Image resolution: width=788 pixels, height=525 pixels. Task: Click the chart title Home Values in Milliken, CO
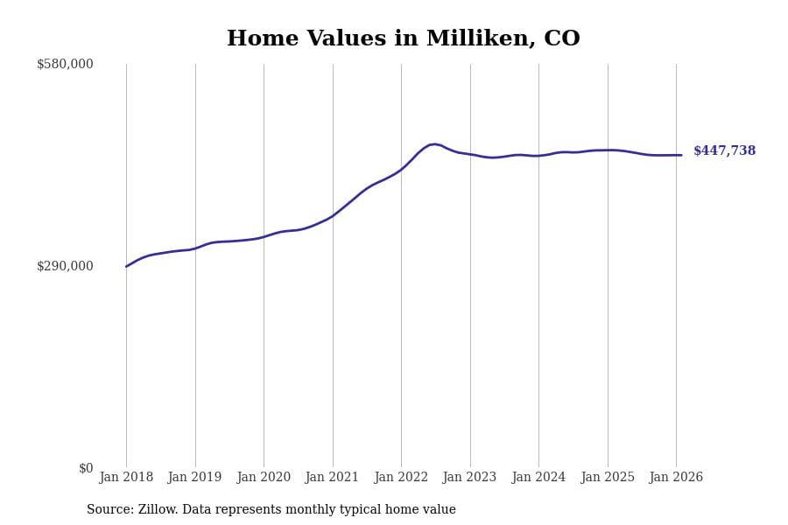(403, 39)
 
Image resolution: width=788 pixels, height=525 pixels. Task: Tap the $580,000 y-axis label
(65, 64)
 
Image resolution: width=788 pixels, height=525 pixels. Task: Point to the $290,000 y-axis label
(65, 266)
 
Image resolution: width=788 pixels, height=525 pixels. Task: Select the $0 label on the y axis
(86, 468)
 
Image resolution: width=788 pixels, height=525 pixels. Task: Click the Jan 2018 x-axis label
(126, 478)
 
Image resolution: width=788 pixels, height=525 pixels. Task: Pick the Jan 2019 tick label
(194, 478)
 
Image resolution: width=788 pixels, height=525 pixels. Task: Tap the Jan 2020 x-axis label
(264, 478)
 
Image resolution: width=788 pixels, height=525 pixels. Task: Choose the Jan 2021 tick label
(332, 478)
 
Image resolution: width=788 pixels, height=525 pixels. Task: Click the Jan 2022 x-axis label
(401, 478)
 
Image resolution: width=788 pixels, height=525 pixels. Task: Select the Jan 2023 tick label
(469, 478)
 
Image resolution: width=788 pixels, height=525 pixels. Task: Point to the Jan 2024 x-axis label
(538, 478)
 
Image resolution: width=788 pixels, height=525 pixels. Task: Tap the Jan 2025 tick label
(608, 478)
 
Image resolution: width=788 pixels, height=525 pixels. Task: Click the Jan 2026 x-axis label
(676, 478)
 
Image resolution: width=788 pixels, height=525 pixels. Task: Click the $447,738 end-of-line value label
(724, 151)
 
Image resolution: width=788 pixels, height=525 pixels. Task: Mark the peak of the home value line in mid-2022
(434, 144)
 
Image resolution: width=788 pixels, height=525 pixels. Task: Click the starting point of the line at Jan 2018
(126, 266)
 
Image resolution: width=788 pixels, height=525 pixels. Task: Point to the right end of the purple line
(681, 155)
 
